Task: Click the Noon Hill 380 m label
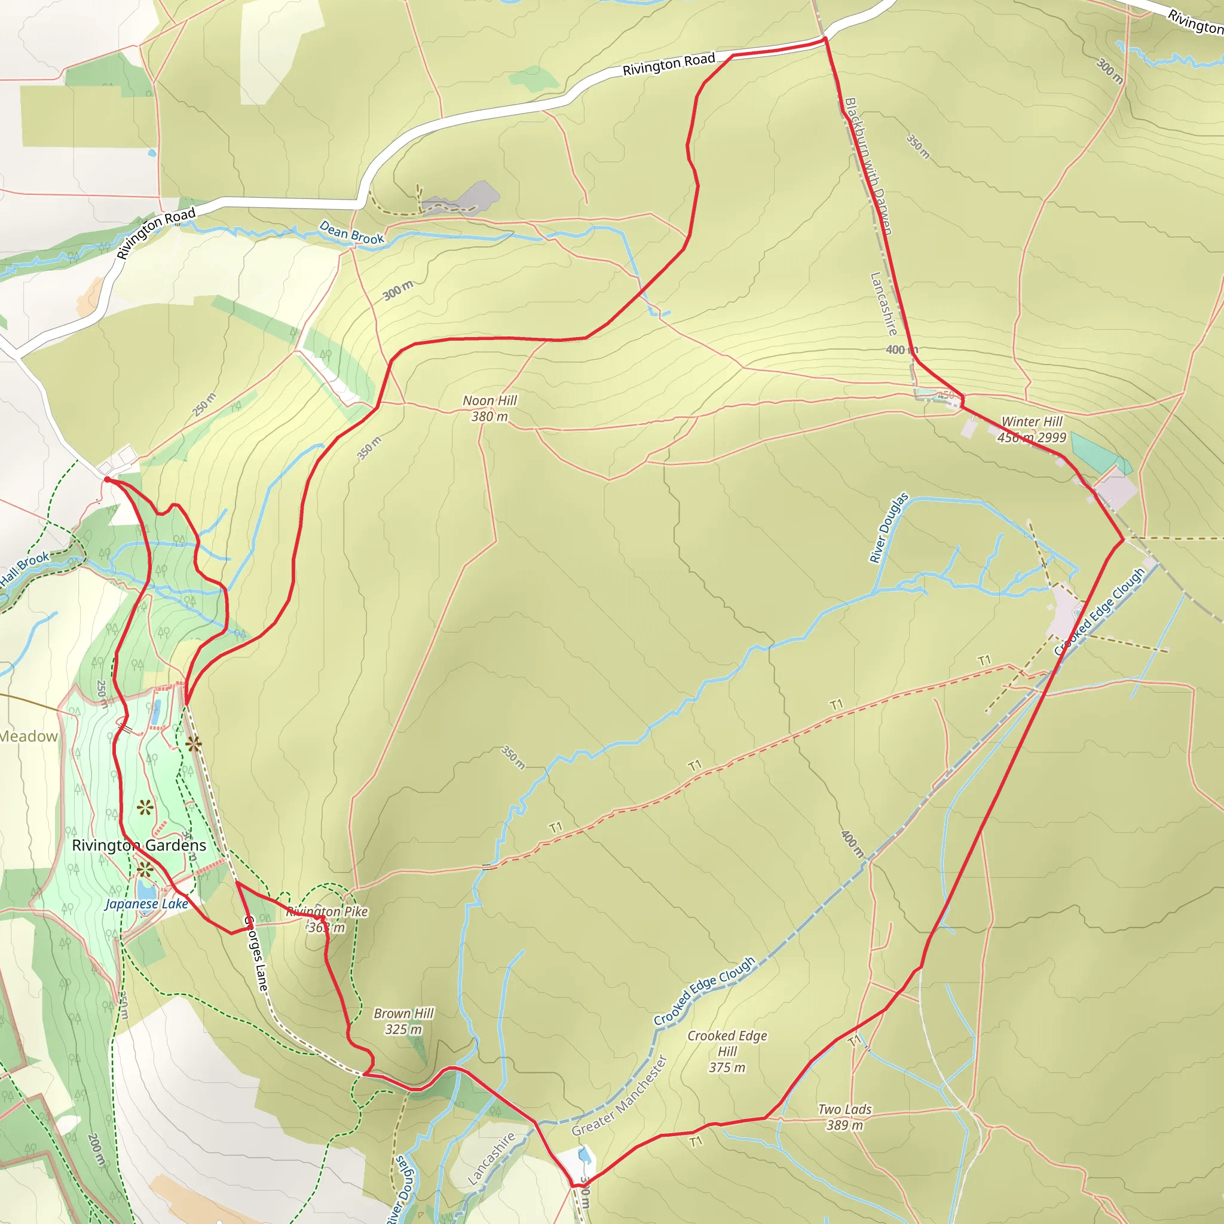point(489,409)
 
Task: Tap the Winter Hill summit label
point(1032,430)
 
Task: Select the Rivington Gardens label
point(139,845)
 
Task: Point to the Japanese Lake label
point(147,904)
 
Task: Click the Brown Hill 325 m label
point(403,1021)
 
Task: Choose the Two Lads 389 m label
point(844,1117)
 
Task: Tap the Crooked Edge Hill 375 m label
point(727,1051)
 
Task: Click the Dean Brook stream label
point(351,232)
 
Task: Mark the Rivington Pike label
point(327,911)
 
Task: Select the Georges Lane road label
point(256,954)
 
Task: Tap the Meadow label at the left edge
point(29,736)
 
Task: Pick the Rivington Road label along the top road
point(668,65)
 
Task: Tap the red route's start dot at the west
point(107,479)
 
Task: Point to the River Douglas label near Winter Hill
point(888,528)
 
